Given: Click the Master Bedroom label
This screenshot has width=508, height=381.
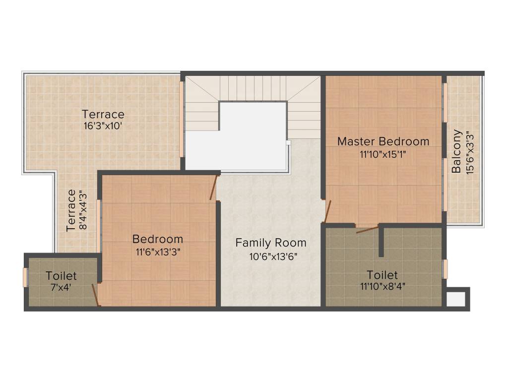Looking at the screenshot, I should pyautogui.click(x=383, y=141).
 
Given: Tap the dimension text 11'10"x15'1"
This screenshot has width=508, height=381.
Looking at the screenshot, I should pyautogui.click(x=383, y=154).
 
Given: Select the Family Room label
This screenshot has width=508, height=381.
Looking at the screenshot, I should pyautogui.click(x=270, y=243).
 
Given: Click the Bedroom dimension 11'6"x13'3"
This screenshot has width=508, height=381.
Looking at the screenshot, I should pyautogui.click(x=158, y=252).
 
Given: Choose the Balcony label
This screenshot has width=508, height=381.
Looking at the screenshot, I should pyautogui.click(x=457, y=151).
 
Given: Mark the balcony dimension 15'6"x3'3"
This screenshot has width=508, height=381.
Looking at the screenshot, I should pyautogui.click(x=470, y=151).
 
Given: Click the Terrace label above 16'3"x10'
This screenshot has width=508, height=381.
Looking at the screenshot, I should pyautogui.click(x=103, y=114).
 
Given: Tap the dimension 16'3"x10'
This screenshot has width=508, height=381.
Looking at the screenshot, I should pyautogui.click(x=103, y=126).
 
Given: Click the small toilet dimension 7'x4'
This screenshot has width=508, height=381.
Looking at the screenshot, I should pyautogui.click(x=61, y=286).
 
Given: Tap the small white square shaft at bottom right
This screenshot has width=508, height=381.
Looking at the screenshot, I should pyautogui.click(x=456, y=299).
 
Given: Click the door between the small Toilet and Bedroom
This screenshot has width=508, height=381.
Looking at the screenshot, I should pyautogui.click(x=95, y=295).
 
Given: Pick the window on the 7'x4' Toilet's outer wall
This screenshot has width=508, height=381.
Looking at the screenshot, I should pyautogui.click(x=25, y=277).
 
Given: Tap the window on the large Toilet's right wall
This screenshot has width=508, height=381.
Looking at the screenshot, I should pyautogui.click(x=445, y=269).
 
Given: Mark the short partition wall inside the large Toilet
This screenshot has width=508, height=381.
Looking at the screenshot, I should pyautogui.click(x=381, y=241).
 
